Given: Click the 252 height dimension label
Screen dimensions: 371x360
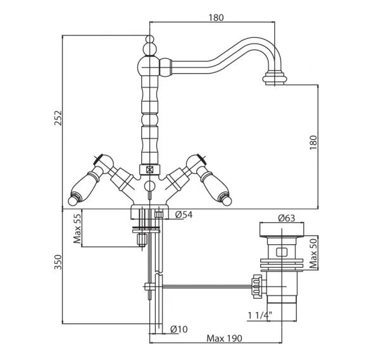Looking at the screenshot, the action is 58,118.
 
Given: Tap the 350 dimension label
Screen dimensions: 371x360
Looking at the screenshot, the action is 58,262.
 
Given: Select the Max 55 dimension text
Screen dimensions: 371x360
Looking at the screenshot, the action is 77,228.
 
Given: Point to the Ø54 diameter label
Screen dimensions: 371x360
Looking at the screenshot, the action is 184,214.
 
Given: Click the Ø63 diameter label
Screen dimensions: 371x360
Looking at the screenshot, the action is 287,218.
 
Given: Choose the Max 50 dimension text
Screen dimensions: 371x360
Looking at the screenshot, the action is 313,254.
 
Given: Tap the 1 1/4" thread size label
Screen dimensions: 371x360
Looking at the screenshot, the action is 260,315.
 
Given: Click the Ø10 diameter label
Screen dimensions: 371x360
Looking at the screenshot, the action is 179,329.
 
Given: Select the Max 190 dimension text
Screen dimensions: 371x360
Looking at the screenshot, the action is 224,338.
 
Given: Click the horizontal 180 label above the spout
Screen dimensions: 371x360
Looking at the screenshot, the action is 216,18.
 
